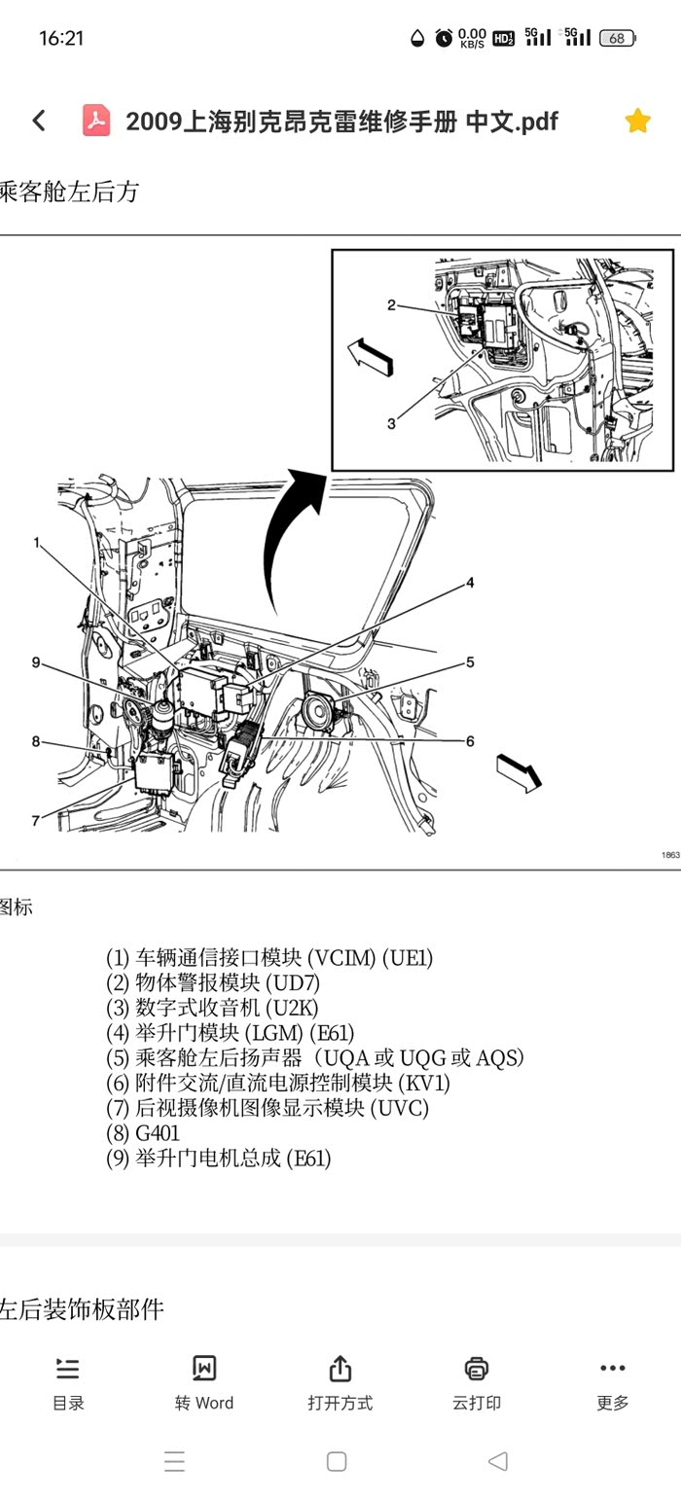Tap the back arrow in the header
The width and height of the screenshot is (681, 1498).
(39, 121)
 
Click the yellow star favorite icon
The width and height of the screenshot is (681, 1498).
(637, 121)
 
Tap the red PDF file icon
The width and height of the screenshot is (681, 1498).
(96, 121)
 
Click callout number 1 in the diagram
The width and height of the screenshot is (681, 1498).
(36, 543)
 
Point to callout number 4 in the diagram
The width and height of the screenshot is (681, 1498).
(470, 583)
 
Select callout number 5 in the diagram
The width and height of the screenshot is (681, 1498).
(470, 662)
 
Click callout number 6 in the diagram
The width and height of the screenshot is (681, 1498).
(470, 741)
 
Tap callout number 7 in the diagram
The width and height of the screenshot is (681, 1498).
(36, 820)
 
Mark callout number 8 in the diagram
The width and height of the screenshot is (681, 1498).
(36, 742)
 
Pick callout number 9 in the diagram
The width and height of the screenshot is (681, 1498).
(36, 663)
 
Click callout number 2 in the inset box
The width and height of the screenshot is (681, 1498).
(391, 304)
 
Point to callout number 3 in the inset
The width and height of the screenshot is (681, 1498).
(391, 423)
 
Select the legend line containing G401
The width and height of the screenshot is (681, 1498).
(144, 1133)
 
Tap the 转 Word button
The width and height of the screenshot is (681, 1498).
(204, 1382)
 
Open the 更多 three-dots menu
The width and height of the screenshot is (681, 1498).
(613, 1382)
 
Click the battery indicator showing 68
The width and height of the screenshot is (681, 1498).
(617, 38)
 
